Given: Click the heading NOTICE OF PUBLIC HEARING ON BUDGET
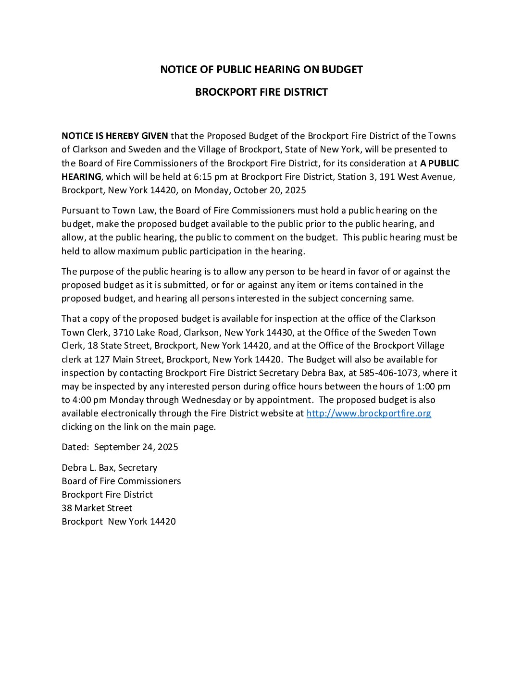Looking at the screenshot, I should tap(261, 69).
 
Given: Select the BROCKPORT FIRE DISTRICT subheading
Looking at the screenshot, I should tap(261, 92).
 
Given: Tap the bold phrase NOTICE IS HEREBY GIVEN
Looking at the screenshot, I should tap(115, 136).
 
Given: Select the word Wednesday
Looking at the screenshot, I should tap(206, 400).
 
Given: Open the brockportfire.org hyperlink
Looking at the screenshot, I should tap(369, 413).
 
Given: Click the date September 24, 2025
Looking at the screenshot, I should tap(136, 447).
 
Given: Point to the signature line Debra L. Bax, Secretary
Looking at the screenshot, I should tap(109, 467).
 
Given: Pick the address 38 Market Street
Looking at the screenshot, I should tap(97, 508).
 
